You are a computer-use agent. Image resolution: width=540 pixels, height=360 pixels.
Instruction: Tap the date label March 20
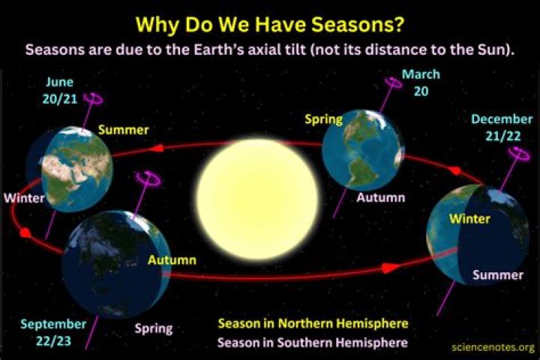pyautogui.click(x=421, y=83)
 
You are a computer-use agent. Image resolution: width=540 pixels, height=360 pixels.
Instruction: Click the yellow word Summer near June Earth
pyautogui.click(x=124, y=130)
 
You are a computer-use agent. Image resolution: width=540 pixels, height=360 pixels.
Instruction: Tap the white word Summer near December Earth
pyautogui.click(x=497, y=275)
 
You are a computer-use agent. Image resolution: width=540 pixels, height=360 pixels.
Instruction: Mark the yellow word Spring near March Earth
pyautogui.click(x=323, y=118)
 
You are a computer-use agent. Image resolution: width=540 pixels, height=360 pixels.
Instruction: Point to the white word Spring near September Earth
pyautogui.click(x=153, y=328)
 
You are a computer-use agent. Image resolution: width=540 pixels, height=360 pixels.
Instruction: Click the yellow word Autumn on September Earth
pyautogui.click(x=172, y=260)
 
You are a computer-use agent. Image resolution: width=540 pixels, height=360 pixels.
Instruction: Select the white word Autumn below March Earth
pyautogui.click(x=380, y=198)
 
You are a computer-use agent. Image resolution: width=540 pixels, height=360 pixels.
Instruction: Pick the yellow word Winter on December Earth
pyautogui.click(x=469, y=218)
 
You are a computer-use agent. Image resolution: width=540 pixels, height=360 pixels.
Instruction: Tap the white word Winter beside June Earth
pyautogui.click(x=23, y=199)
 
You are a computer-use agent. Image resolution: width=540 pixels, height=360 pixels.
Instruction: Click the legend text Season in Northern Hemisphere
pyautogui.click(x=313, y=324)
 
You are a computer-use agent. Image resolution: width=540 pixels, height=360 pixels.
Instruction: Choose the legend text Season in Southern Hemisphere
pyautogui.click(x=313, y=343)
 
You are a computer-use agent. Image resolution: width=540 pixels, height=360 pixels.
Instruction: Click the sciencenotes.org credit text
pyautogui.click(x=493, y=347)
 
